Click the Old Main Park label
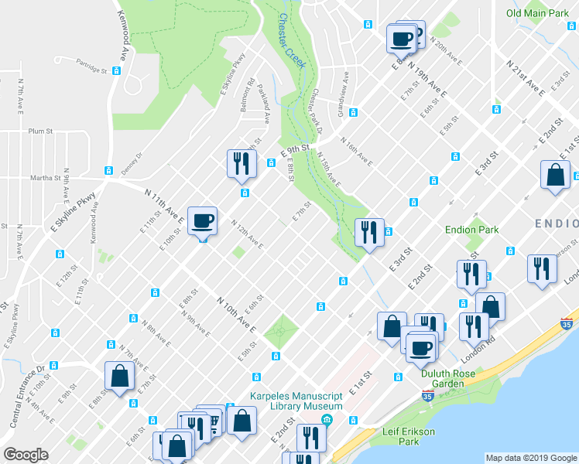(537, 13)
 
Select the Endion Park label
(471, 230)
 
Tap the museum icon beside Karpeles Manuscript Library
(327, 420)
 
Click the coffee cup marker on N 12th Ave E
(202, 222)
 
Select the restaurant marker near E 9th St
(240, 163)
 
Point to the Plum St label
(39, 131)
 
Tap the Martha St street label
(45, 178)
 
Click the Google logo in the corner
(26, 454)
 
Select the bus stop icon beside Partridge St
(116, 70)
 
